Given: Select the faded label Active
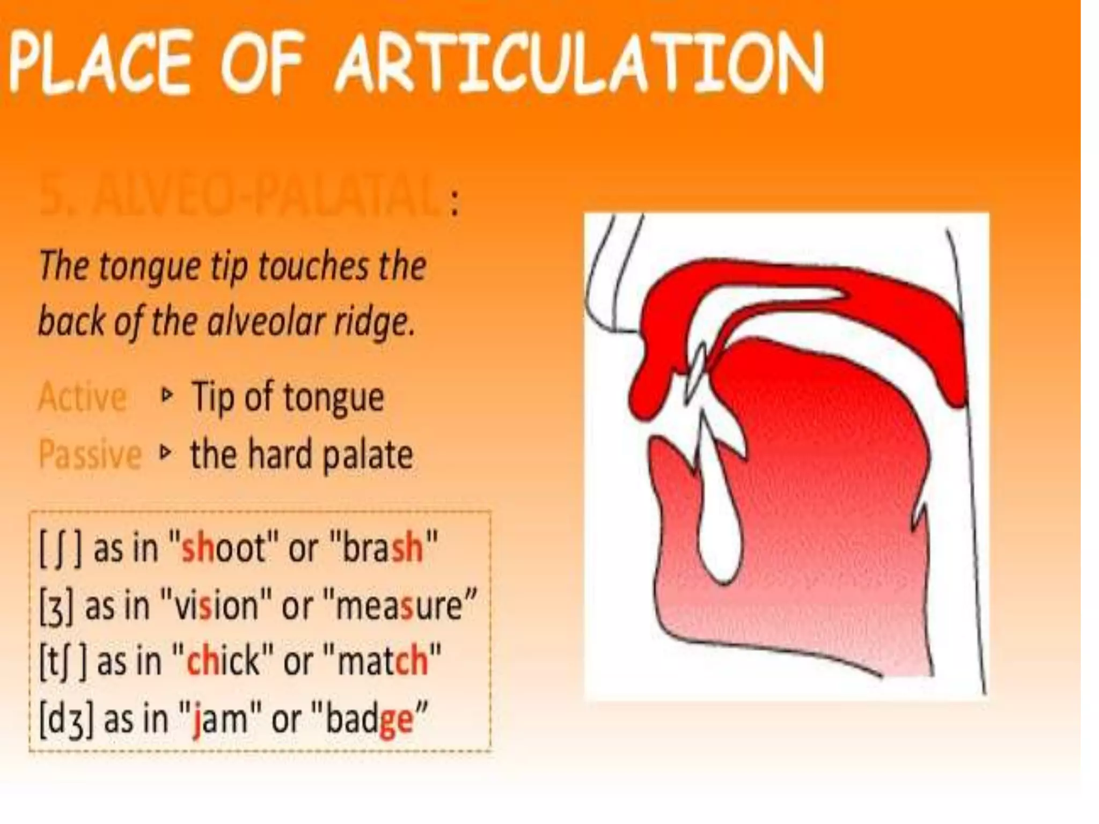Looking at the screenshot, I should pyautogui.click(x=83, y=397).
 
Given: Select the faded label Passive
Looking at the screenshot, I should pyautogui.click(x=90, y=455).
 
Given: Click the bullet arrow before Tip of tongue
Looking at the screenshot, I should pyautogui.click(x=167, y=396).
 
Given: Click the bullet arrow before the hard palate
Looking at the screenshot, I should pyautogui.click(x=166, y=454).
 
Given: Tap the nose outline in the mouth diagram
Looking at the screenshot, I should pyautogui.click(x=606, y=279).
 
